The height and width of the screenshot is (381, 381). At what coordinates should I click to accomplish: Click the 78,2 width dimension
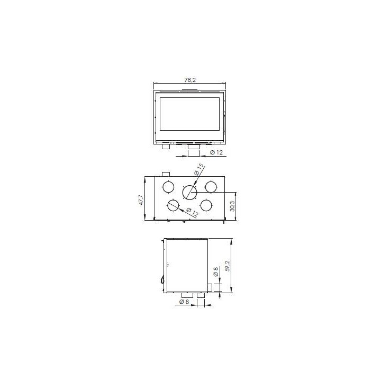point(190,80)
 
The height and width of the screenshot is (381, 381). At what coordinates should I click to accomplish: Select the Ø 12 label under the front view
point(216,153)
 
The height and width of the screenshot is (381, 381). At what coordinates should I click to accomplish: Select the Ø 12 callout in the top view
point(194,213)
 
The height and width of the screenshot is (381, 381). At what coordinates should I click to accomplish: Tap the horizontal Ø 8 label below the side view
point(185,302)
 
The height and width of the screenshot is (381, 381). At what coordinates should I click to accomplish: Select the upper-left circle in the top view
point(168,187)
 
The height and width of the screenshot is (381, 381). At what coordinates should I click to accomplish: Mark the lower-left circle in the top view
point(173,206)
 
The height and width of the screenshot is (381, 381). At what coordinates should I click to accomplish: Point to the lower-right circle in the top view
point(206,205)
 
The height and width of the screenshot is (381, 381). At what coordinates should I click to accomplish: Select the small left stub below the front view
point(166,148)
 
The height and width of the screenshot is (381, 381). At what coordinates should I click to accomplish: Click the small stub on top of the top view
point(166,174)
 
